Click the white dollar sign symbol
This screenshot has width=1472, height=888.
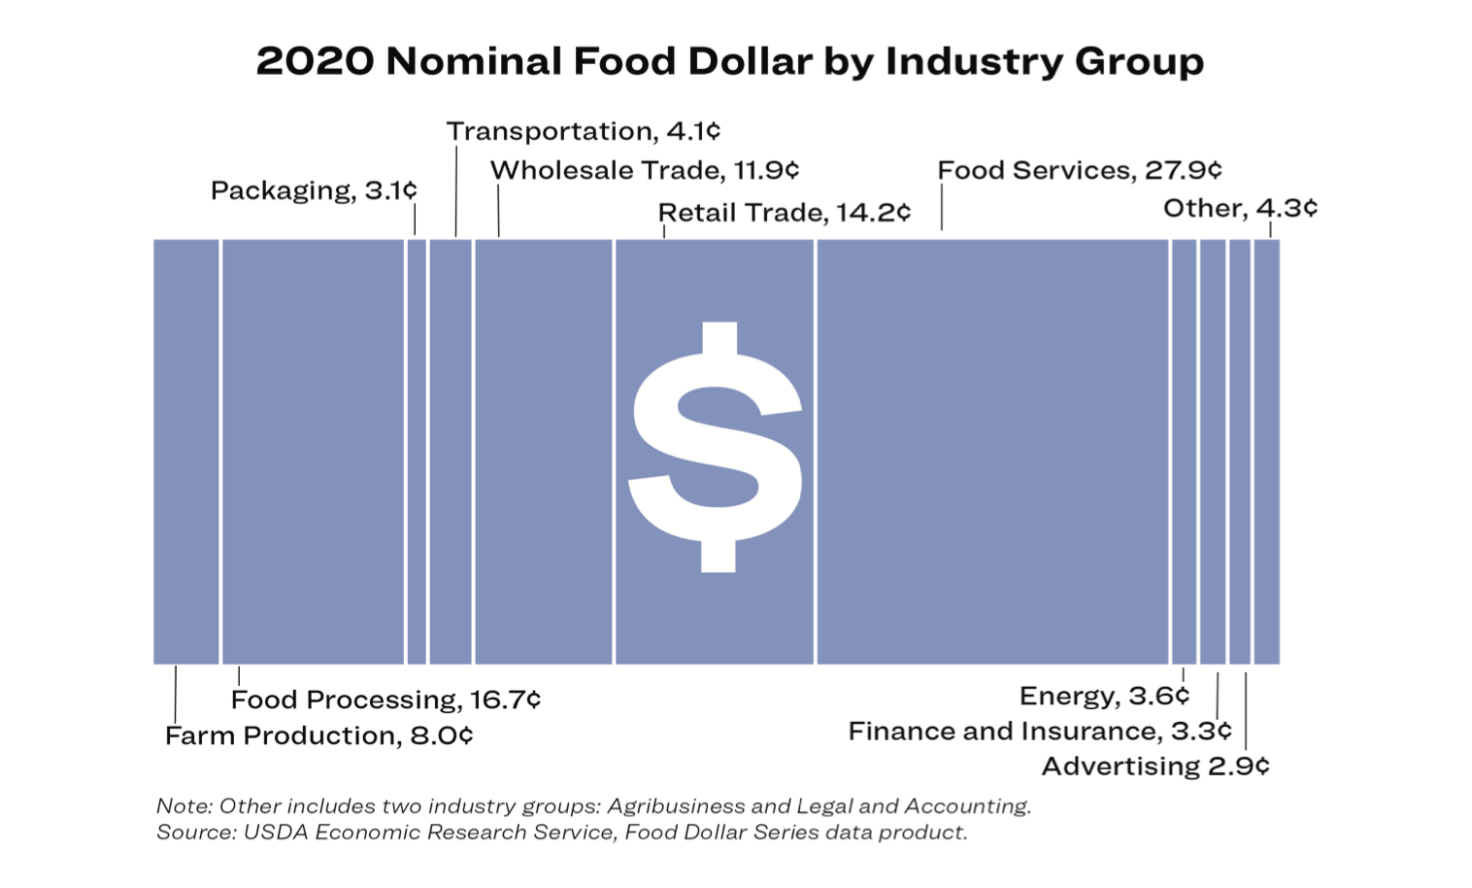[x=717, y=447]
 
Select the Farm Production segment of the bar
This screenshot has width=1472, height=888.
[x=186, y=452]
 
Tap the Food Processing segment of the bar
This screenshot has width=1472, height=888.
[x=313, y=452]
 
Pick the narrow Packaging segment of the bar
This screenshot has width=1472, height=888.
[x=417, y=452]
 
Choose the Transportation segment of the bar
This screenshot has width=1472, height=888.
[x=451, y=452]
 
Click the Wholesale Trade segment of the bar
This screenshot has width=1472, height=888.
[x=544, y=452]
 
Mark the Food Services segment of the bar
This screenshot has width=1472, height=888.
[x=992, y=452]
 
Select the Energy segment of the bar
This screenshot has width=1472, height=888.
[x=1184, y=452]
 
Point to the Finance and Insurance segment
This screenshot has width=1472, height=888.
[x=1213, y=452]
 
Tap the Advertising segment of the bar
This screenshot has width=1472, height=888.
[x=1240, y=452]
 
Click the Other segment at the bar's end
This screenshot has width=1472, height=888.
[x=1266, y=452]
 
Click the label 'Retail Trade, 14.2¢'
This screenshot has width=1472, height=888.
[x=784, y=213]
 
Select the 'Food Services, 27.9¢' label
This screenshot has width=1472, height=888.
[x=1079, y=171]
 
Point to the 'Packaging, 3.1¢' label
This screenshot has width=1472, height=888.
[x=314, y=190]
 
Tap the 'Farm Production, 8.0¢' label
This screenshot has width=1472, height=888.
[x=318, y=735]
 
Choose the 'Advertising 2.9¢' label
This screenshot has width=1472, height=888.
[x=1154, y=767]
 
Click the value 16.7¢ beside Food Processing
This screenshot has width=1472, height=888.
[x=505, y=700]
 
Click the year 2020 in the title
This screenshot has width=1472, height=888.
[x=315, y=61]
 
